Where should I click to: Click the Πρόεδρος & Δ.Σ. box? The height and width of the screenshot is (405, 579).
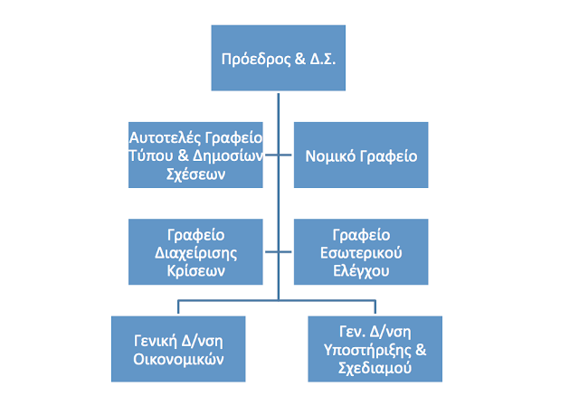coord(279,58)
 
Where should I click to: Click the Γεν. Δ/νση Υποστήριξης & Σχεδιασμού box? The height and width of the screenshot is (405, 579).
coord(375,348)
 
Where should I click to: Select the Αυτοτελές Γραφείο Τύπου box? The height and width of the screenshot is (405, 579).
coord(195,155)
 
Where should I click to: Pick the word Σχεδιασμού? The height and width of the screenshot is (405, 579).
coord(375,367)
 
